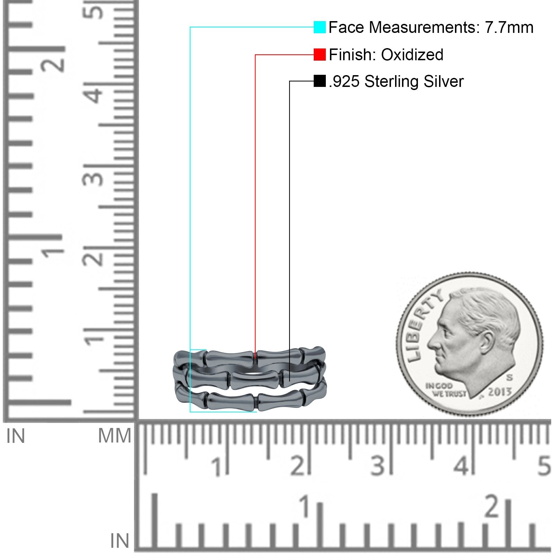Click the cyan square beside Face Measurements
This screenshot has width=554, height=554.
[320, 27]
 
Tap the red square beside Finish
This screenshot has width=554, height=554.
[320, 54]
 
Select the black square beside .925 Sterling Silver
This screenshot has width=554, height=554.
[320, 81]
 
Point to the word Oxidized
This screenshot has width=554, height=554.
[412, 55]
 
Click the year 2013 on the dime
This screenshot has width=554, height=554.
[500, 392]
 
